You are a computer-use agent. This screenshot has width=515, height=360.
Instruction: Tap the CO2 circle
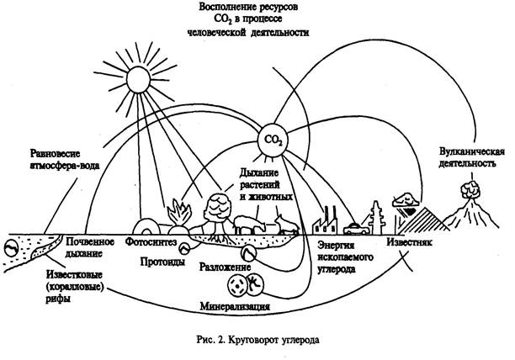coord(273,137)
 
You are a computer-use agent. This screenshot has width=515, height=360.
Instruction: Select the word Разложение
coord(226,267)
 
